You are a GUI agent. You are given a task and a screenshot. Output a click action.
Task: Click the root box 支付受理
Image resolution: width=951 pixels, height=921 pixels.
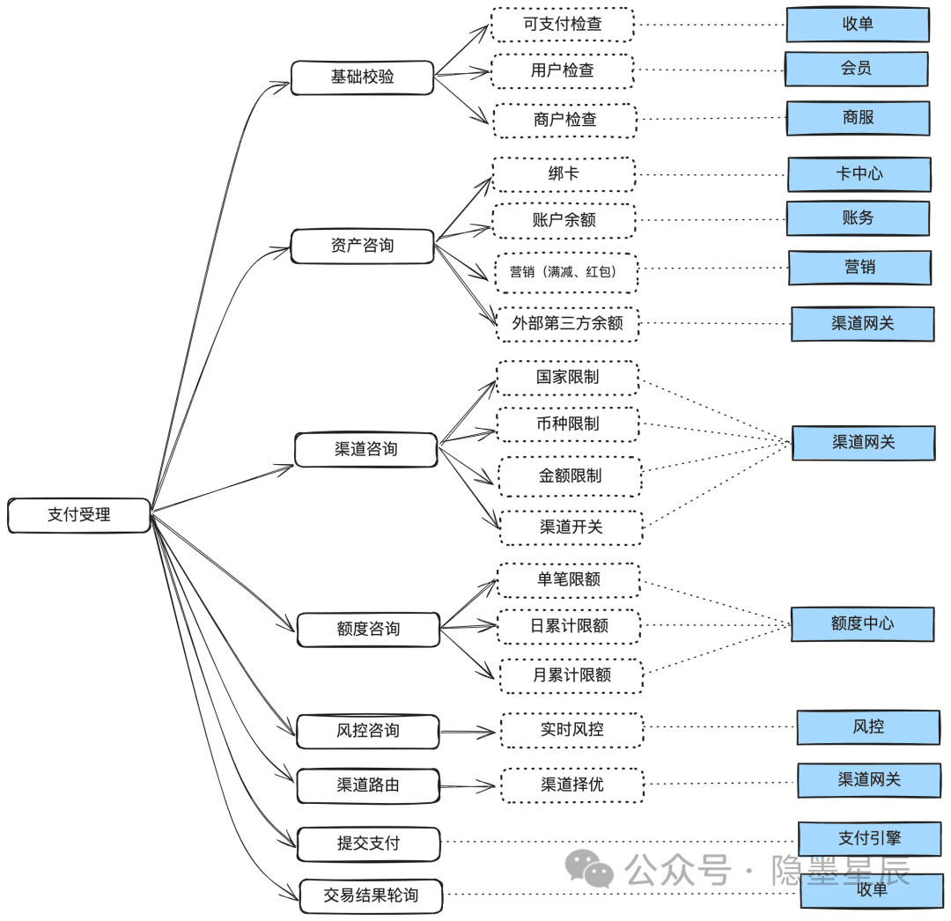pyautogui.click(x=79, y=515)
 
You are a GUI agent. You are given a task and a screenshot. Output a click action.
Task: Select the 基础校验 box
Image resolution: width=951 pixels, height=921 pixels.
pyautogui.click(x=362, y=77)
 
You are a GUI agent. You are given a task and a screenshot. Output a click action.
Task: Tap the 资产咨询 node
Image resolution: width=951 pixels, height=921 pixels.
pyautogui.click(x=362, y=246)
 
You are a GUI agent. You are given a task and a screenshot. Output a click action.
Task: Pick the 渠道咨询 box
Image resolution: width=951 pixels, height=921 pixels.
pyautogui.click(x=365, y=449)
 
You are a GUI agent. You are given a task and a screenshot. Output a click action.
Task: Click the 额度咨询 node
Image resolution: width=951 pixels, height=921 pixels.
pyautogui.click(x=368, y=630)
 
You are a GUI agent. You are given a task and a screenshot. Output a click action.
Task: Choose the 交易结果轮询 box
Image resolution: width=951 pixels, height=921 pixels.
pyautogui.click(x=371, y=895)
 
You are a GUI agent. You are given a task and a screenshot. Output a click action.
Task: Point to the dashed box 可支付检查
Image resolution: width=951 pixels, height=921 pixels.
pyautogui.click(x=562, y=25)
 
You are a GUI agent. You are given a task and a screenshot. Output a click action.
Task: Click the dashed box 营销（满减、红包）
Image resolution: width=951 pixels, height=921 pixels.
pyautogui.click(x=565, y=272)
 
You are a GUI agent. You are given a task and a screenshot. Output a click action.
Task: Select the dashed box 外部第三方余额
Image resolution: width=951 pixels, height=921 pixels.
pyautogui.click(x=568, y=324)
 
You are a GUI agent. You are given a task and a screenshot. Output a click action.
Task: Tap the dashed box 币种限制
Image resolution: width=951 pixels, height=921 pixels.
pyautogui.click(x=568, y=424)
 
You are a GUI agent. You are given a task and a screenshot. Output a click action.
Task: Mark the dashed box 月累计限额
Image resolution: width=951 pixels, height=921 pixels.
pyautogui.click(x=571, y=675)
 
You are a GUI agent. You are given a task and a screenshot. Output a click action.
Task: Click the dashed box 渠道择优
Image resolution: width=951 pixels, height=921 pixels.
pyautogui.click(x=572, y=785)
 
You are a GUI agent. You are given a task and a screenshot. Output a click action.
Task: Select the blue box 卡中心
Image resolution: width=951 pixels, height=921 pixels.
pyautogui.click(x=859, y=174)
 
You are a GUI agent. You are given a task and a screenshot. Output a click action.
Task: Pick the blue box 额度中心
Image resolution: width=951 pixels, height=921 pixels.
pyautogui.click(x=862, y=624)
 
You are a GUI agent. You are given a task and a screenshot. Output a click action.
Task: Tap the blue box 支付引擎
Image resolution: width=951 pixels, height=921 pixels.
pyautogui.click(x=870, y=838)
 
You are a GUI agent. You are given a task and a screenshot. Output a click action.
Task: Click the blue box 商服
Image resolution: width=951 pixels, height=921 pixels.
pyautogui.click(x=859, y=118)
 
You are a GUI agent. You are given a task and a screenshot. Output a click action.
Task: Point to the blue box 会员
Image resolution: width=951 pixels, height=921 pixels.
pyautogui.click(x=857, y=69)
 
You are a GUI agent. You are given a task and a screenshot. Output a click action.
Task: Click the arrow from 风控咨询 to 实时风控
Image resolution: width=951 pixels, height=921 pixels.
pyautogui.click(x=468, y=732)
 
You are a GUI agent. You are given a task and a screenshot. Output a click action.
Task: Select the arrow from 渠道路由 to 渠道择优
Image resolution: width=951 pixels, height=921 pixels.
pyautogui.click(x=468, y=786)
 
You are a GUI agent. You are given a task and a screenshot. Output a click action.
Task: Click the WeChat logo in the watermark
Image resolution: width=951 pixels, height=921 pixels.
pyautogui.click(x=589, y=869)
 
